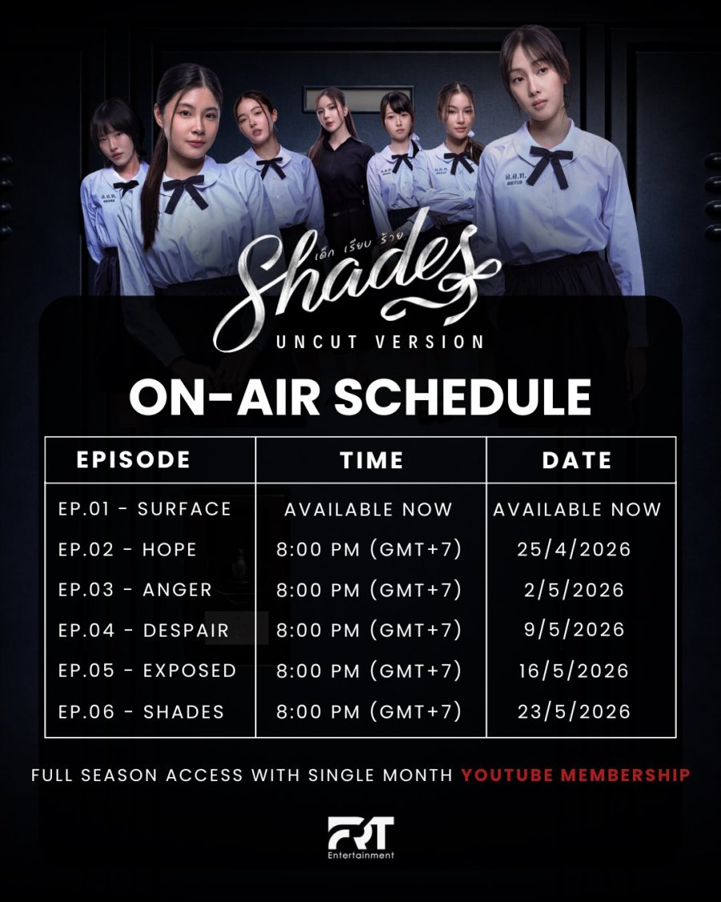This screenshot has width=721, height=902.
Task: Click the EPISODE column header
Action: (x=134, y=459)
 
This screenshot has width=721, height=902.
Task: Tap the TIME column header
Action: (x=372, y=460)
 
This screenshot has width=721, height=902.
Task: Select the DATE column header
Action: (x=577, y=460)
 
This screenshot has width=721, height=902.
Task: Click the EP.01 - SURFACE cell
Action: (x=144, y=509)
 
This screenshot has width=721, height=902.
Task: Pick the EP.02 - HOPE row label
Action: (x=127, y=549)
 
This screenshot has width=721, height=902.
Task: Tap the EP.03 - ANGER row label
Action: (x=135, y=589)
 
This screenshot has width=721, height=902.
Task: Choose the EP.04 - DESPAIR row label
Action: (x=143, y=630)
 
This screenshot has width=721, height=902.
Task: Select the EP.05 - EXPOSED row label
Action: (x=147, y=671)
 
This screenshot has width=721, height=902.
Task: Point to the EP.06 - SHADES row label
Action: (x=141, y=712)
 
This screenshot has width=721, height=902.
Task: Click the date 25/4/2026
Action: (x=574, y=549)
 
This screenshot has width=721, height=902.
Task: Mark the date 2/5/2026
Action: (x=574, y=589)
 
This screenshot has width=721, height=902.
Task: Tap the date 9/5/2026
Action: (x=574, y=630)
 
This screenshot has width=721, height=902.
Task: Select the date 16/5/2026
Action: (x=574, y=671)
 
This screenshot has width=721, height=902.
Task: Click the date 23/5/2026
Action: (x=574, y=712)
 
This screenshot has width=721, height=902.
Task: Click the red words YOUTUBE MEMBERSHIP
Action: (x=575, y=775)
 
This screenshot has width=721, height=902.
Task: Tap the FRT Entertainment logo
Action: (x=361, y=837)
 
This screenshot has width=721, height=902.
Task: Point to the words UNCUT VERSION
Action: (x=380, y=342)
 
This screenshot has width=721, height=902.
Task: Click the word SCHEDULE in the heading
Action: (x=462, y=397)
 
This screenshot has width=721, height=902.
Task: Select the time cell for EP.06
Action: (x=369, y=712)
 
